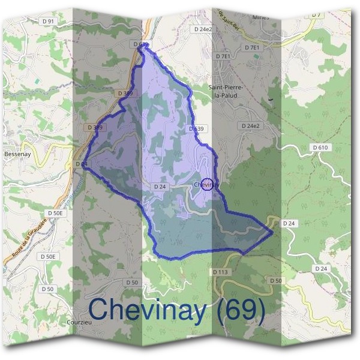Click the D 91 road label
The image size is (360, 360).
click(49, 21)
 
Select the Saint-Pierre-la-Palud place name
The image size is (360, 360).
click(224, 91)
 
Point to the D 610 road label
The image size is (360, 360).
click(321, 147)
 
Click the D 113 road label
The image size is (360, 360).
click(221, 272)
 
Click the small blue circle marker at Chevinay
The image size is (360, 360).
click(207, 185)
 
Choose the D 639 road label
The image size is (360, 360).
click(196, 129)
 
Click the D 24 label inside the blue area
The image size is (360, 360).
click(159, 187)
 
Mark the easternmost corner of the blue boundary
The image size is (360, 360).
click(273, 230)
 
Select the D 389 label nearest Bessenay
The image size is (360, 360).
click(94, 128)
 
